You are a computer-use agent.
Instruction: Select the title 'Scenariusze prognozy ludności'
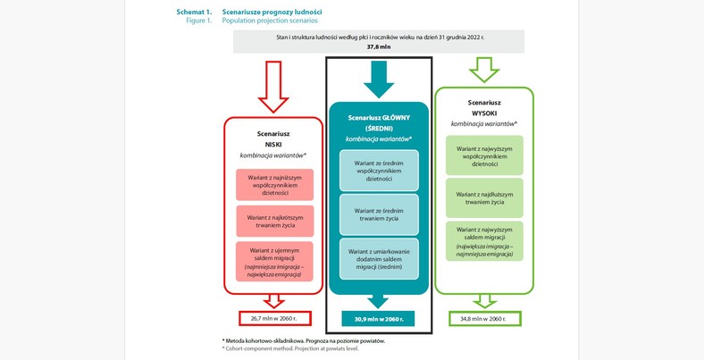[272, 12]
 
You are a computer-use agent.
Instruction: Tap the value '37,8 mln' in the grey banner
[379, 46]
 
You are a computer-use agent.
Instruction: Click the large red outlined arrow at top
[272, 86]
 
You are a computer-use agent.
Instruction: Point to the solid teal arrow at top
[379, 80]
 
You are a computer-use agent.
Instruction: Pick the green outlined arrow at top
[484, 70]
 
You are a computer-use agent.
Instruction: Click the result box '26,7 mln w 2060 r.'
[274, 318]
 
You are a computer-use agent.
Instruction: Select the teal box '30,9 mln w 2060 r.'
[378, 319]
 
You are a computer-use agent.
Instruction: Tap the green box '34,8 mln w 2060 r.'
[483, 319]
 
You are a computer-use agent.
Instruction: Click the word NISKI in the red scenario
[273, 144]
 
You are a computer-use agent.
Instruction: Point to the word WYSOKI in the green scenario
[483, 113]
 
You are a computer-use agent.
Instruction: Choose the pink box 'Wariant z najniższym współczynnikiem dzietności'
[274, 185]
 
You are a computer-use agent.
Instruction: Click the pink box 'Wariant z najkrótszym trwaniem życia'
[274, 221]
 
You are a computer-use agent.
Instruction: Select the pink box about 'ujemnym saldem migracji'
[274, 262]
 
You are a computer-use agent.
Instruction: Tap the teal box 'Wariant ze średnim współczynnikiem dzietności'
[379, 171]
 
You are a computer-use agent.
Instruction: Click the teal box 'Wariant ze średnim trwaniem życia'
[379, 214]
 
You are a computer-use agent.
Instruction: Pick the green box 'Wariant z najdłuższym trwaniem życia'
[484, 198]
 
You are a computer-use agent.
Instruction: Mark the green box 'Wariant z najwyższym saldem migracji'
[484, 241]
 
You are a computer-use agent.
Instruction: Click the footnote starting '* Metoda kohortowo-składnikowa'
[303, 340]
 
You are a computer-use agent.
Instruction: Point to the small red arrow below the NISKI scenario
[274, 301]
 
